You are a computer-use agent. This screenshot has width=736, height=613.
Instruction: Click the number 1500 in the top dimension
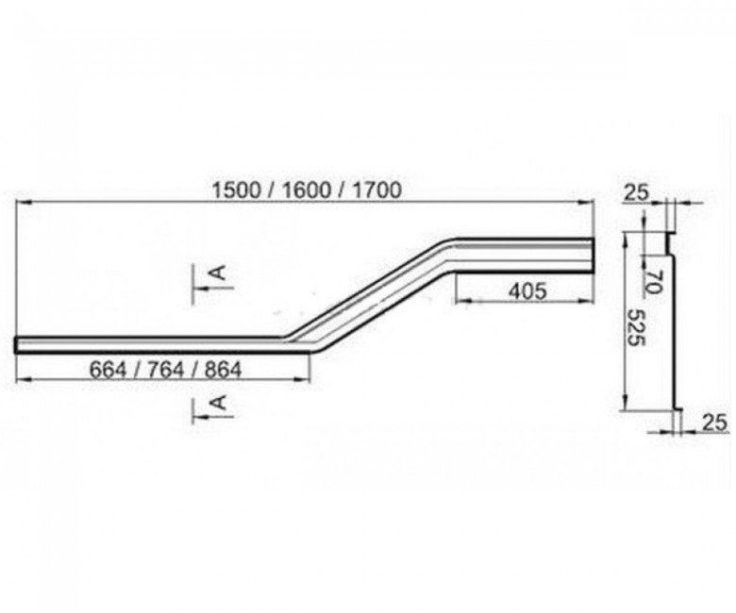(236, 191)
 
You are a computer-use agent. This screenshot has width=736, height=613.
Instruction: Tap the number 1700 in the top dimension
(376, 191)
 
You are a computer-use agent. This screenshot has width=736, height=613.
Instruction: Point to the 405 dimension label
(528, 291)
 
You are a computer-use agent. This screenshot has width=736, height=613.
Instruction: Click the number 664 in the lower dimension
(108, 370)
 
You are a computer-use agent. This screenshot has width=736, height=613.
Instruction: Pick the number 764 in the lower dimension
(166, 370)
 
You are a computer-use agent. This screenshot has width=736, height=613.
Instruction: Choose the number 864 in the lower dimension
(224, 370)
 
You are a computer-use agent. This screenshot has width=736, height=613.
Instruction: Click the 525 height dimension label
(637, 327)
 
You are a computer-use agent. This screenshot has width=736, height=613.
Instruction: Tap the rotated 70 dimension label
(653, 281)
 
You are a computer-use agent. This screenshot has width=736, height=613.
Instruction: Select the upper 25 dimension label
(636, 192)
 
